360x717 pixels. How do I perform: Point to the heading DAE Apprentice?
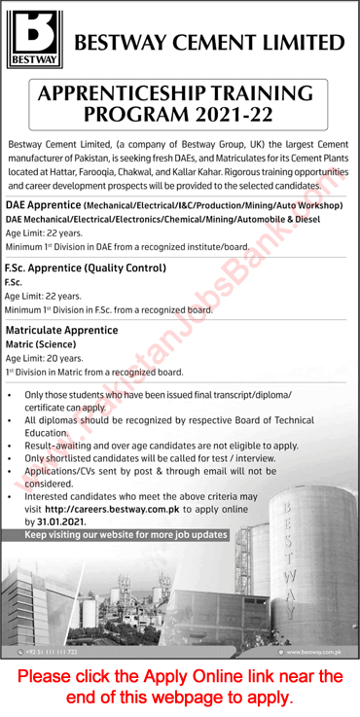[44, 205]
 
